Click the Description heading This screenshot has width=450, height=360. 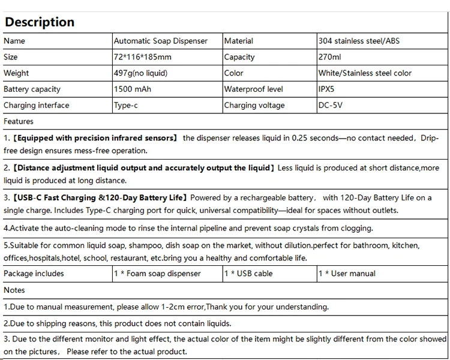(x=40, y=22)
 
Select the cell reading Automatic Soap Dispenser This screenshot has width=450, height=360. (x=161, y=41)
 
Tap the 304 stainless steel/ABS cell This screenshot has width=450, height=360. (x=359, y=41)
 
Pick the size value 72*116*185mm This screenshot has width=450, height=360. (x=143, y=57)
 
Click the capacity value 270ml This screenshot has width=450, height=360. (x=330, y=57)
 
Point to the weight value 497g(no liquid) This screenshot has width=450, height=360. (x=141, y=73)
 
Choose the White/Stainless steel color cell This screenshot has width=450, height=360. (x=365, y=73)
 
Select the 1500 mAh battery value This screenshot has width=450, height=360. (x=133, y=89)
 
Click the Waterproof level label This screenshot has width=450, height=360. (x=253, y=89)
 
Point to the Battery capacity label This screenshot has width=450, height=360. (x=32, y=89)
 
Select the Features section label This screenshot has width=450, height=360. (x=19, y=121)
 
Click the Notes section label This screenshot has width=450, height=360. (x=14, y=290)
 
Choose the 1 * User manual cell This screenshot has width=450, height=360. (x=347, y=274)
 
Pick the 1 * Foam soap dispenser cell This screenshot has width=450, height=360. (x=158, y=274)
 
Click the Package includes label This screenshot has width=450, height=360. (x=34, y=274)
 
